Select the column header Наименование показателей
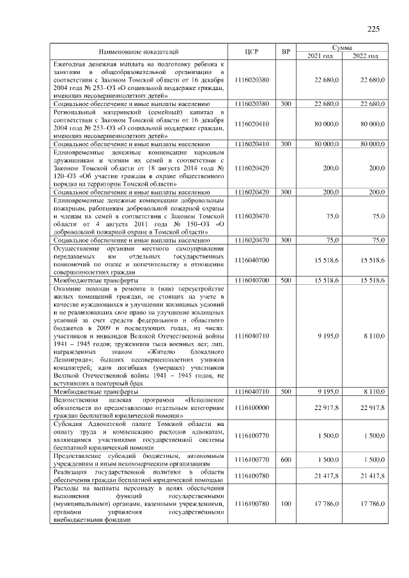(x=139, y=51)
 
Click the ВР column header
(x=286, y=51)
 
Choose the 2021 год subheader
(x=320, y=56)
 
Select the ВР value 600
(x=286, y=460)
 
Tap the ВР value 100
(x=286, y=504)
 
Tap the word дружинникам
(x=75, y=162)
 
